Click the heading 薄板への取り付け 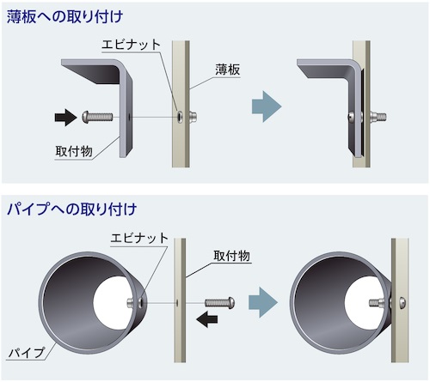pos(64,16)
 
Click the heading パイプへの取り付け pos(71,209)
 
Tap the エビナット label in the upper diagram pos(131,45)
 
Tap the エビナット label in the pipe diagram pos(139,238)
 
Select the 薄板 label pos(228,70)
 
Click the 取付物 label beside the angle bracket pos(74,151)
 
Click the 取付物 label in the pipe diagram pos(231,256)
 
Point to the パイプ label pos(27,353)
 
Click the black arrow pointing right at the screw pos(65,118)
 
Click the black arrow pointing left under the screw pos(207,319)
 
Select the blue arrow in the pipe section pos(263,302)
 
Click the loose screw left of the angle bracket pos(97,117)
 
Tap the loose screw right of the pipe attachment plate pos(220,302)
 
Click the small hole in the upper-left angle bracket pos(130,117)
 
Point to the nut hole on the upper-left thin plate pos(179,117)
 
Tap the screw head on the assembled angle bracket pos(351,117)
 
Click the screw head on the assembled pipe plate pos(403,302)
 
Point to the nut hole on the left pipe pos(142,302)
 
